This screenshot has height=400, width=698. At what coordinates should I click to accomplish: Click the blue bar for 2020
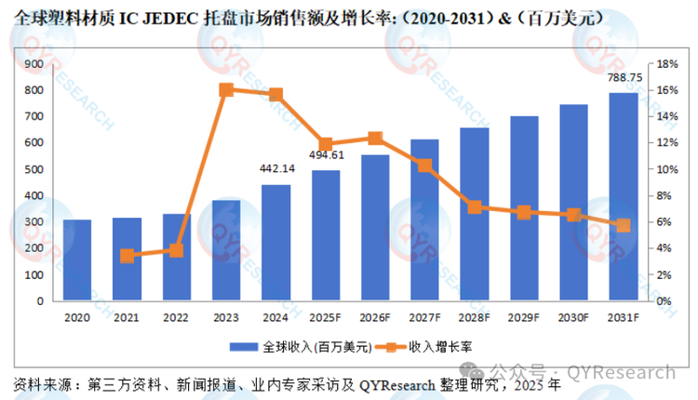(x=77, y=260)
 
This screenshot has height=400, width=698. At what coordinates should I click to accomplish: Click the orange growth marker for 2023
(x=226, y=90)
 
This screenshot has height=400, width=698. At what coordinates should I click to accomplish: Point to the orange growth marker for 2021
(x=128, y=256)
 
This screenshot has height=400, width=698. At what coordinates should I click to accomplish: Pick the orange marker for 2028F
(x=475, y=207)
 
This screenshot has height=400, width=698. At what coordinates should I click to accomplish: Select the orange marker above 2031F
(x=624, y=225)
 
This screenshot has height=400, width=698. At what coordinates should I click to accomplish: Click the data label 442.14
(x=275, y=168)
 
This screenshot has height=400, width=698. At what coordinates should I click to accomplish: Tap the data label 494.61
(x=325, y=154)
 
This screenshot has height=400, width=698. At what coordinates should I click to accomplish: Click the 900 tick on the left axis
(x=35, y=64)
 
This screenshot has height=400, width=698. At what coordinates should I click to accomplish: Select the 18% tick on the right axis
(x=666, y=64)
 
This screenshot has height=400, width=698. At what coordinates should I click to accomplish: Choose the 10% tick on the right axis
(x=666, y=169)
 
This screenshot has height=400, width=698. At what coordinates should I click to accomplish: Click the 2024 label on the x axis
(x=275, y=317)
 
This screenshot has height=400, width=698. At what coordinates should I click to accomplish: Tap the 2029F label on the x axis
(x=524, y=317)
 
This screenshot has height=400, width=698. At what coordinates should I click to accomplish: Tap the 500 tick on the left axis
(x=35, y=169)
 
